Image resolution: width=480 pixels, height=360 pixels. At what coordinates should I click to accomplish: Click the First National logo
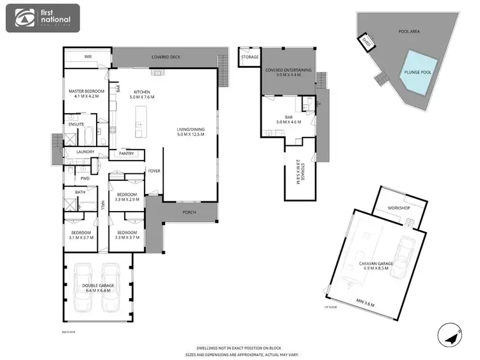pyautogui.click(x=42, y=19)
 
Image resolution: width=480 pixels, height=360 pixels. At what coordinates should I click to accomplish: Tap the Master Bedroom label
pyautogui.click(x=86, y=92)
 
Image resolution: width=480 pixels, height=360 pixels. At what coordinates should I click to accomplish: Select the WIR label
pyautogui.click(x=88, y=57)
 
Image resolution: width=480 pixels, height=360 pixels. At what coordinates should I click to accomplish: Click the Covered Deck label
pyautogui.click(x=166, y=57)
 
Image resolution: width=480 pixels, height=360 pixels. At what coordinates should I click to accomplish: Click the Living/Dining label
pyautogui.click(x=191, y=130)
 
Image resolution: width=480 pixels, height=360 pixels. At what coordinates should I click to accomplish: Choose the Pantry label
pyautogui.click(x=126, y=154)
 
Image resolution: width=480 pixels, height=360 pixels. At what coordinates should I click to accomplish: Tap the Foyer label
pyautogui.click(x=154, y=171)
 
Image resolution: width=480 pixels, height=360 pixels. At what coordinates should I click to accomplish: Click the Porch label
pyautogui.click(x=189, y=212)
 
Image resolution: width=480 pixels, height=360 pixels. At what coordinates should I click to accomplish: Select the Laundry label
pyautogui.click(x=86, y=152)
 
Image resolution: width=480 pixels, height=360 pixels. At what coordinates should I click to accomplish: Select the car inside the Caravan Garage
pyautogui.click(x=403, y=258)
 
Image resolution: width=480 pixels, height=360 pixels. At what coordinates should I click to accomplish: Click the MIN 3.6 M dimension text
pyautogui.click(x=365, y=304)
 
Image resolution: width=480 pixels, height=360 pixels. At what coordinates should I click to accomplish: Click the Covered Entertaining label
pyautogui.click(x=289, y=70)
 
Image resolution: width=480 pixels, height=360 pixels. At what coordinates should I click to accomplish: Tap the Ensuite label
pyautogui.click(x=76, y=124)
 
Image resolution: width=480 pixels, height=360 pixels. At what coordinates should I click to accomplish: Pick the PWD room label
pyautogui.click(x=84, y=178)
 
